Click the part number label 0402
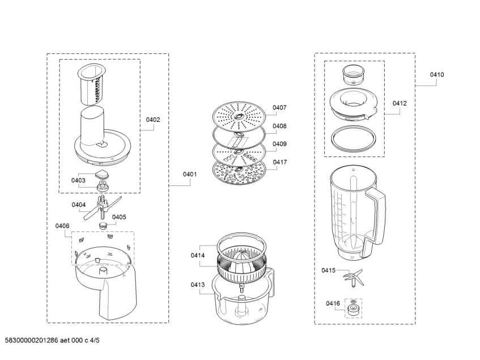click(x=153, y=120)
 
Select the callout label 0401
click(x=189, y=175)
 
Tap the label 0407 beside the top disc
click(x=279, y=108)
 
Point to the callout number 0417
click(x=279, y=162)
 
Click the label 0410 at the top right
click(x=436, y=74)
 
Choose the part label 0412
click(x=400, y=104)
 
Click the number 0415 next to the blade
click(x=329, y=270)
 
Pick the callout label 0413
click(x=198, y=285)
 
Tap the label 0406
click(x=62, y=226)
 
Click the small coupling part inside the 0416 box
click(x=354, y=310)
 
